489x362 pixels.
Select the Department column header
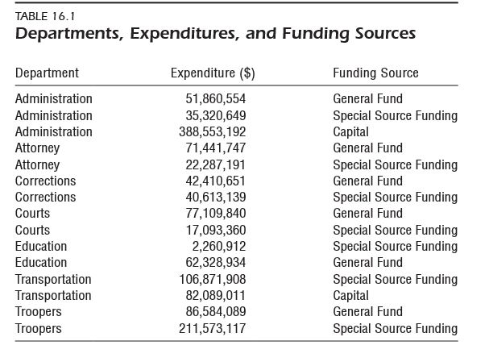coord(47,73)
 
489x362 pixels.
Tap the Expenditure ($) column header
coord(213,73)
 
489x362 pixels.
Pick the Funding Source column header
coord(375,73)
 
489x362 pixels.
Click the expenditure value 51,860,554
coord(216,99)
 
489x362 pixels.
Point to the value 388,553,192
coord(212,131)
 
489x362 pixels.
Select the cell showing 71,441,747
coord(216,148)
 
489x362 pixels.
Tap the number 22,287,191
coord(216,164)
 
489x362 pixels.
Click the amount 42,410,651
coord(216,181)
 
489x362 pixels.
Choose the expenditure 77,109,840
coord(216,214)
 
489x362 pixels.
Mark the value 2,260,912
coord(219,246)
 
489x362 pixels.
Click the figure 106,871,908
coord(212,279)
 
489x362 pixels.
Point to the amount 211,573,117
coord(212,328)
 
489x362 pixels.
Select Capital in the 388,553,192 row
coord(350,131)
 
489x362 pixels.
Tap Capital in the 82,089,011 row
coord(350,295)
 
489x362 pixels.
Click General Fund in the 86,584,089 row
coord(367,312)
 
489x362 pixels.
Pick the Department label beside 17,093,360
coord(32,230)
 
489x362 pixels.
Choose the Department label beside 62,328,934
coord(41,263)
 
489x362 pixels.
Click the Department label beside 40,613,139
coord(45,197)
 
